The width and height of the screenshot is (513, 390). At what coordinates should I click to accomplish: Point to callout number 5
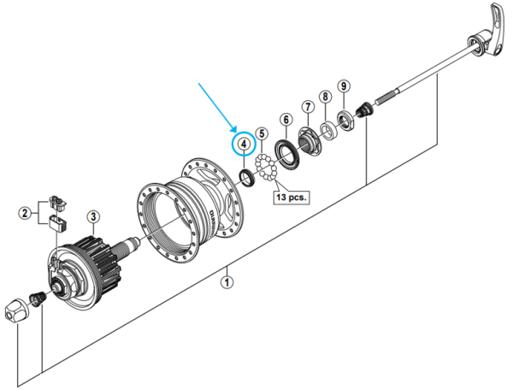coord(262,133)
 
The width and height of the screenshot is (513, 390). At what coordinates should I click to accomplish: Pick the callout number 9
coord(343,86)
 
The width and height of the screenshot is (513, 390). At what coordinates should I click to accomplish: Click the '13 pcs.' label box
coord(291,197)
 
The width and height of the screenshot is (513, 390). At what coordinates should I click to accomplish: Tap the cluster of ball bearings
coord(264,169)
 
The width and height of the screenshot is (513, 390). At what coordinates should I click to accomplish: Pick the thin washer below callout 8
coord(327,131)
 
